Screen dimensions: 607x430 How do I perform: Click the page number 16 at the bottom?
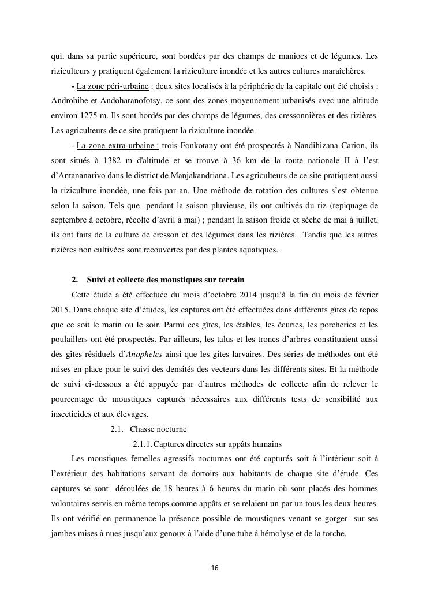[x=215, y=568]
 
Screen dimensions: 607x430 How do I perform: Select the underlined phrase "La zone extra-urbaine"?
[x=118, y=145]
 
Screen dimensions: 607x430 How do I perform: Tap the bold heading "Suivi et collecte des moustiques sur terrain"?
[x=162, y=280]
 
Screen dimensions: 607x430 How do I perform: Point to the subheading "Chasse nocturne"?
[x=158, y=429]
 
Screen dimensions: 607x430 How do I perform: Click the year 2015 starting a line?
[x=59, y=310]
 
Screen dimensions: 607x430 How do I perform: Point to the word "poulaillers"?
[x=69, y=340]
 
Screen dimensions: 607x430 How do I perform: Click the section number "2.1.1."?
[x=143, y=444]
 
